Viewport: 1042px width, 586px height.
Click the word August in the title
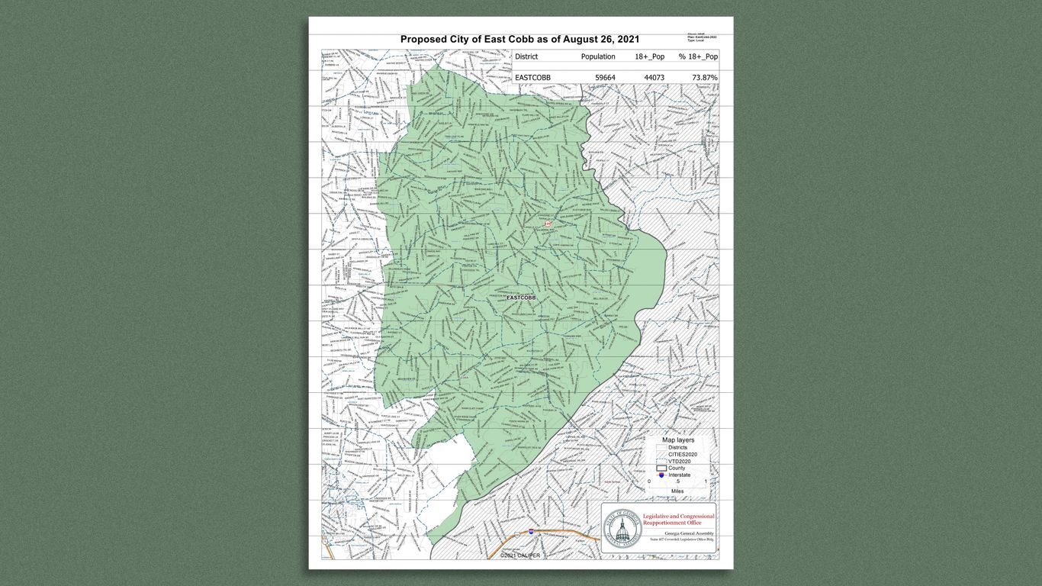582,40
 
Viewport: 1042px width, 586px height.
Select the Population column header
597,56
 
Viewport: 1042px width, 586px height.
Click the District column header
526,56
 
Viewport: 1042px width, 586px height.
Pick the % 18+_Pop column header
698,56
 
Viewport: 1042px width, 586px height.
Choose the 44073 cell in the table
654,77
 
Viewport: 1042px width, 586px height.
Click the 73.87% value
704,77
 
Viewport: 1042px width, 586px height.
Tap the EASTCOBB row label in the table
532,77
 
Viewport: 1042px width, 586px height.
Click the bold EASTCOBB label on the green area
521,297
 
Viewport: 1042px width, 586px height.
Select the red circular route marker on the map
547,223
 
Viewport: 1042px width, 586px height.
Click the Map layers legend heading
677,440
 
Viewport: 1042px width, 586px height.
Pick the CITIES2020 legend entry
682,454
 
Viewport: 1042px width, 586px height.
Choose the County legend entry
676,468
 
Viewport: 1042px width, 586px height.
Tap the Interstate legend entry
679,475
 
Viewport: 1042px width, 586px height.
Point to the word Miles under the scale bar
677,491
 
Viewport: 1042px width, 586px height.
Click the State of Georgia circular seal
622,527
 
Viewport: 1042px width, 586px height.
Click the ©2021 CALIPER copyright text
520,555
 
